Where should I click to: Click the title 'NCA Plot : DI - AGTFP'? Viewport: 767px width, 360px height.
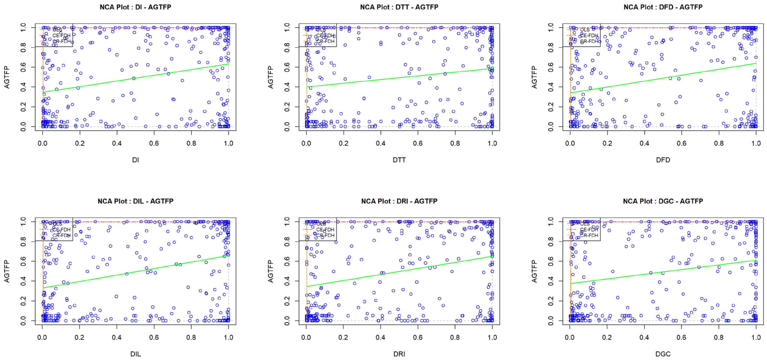click(135, 7)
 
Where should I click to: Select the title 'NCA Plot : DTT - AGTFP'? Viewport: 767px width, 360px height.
click(399, 7)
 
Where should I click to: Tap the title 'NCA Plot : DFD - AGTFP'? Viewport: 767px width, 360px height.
click(663, 7)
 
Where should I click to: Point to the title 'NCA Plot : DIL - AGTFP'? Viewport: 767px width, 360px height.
click(135, 201)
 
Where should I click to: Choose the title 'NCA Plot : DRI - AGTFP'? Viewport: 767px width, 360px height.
click(399, 201)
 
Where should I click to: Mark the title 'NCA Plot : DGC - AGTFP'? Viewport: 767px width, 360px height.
click(663, 201)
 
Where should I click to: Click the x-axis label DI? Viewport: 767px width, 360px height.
click(135, 160)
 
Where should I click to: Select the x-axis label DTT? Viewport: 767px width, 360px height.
click(399, 160)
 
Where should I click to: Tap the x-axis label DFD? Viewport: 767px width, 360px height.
click(663, 160)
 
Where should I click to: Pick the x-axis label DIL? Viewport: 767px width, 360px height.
click(135, 354)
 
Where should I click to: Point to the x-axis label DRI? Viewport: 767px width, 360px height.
click(399, 354)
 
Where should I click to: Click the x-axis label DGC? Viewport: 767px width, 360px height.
click(663, 354)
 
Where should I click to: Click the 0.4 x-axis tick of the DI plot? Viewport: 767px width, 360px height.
click(117, 143)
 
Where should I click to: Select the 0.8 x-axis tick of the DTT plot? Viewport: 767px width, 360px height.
click(455, 143)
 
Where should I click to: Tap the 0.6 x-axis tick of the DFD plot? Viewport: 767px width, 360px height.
click(682, 143)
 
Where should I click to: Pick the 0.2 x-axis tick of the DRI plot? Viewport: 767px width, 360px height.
click(343, 337)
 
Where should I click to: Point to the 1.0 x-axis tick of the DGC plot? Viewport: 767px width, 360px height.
click(756, 337)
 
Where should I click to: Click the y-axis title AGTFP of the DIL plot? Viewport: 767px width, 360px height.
click(7, 271)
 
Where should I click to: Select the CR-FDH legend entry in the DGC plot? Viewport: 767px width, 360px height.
click(589, 235)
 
